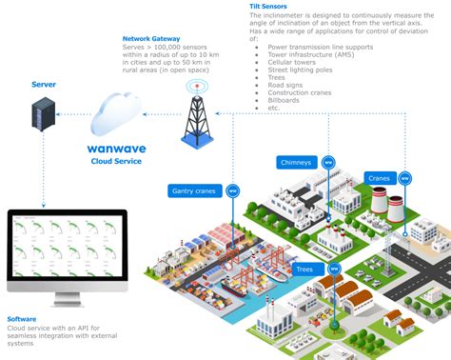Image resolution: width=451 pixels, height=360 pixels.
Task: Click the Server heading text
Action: pyautogui.click(x=44, y=84)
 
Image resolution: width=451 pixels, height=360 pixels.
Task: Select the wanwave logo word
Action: pyautogui.click(x=127, y=149)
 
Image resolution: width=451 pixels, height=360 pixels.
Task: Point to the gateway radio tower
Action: pyautogui.click(x=197, y=115)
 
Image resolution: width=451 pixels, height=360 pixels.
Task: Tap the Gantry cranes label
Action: pyautogui.click(x=195, y=190)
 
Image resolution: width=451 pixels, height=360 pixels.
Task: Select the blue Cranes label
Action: pyautogui.click(x=379, y=178)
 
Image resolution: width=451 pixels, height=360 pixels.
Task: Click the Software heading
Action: pyautogui.click(x=23, y=318)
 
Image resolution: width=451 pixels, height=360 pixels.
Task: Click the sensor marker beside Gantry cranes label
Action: pyautogui.click(x=233, y=190)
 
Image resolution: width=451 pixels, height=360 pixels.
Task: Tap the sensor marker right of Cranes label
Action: pyautogui.click(x=404, y=178)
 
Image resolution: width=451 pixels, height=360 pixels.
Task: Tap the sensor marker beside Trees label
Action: pyautogui.click(x=333, y=270)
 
